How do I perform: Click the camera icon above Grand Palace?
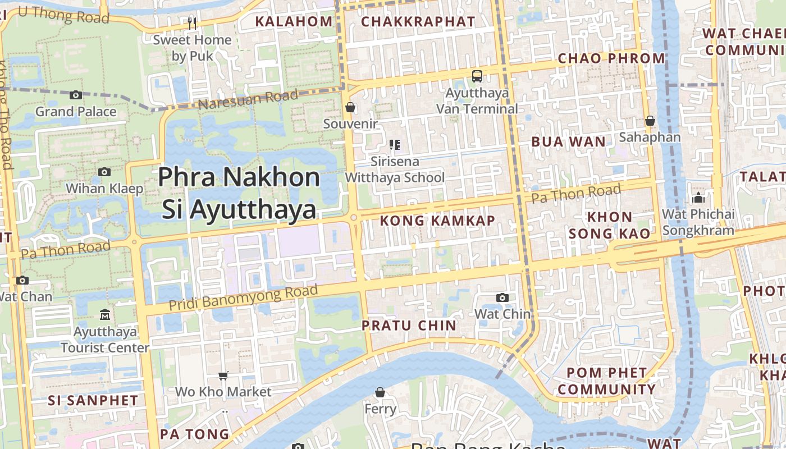click(76, 95)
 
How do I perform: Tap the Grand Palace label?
click(76, 112)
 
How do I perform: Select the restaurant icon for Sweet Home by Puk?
click(192, 23)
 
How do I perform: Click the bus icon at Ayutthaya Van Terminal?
click(477, 76)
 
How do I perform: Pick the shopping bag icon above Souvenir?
click(350, 107)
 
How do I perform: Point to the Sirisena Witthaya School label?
click(395, 169)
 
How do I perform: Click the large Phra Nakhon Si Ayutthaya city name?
click(239, 193)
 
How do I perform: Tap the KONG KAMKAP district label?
click(437, 221)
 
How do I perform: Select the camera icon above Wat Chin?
click(502, 297)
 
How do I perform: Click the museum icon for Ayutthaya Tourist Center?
click(105, 314)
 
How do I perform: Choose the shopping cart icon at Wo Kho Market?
click(223, 375)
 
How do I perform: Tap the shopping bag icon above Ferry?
click(380, 392)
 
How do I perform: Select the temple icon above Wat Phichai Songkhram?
click(698, 198)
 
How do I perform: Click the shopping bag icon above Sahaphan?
click(650, 121)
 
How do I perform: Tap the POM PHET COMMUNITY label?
click(606, 381)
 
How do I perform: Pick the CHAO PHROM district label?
click(611, 58)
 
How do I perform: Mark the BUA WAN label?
click(569, 141)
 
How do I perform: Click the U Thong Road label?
click(58, 14)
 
